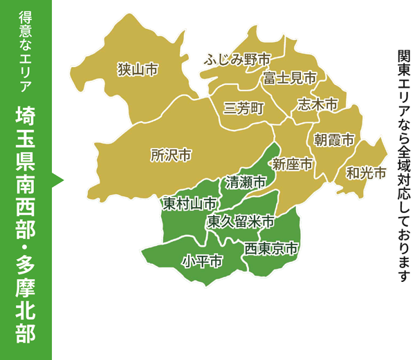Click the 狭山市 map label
click(x=138, y=70)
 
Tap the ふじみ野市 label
click(x=237, y=59)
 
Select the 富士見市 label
click(x=289, y=78)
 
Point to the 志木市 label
click(x=317, y=104)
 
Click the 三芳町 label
click(x=244, y=109)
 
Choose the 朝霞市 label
click(x=334, y=140)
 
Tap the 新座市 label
click(x=293, y=164)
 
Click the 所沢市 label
click(x=171, y=155)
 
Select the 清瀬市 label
click(x=246, y=182)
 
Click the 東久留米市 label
click(x=241, y=222)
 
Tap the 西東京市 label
click(x=272, y=247)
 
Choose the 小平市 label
click(x=202, y=261)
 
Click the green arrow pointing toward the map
click(x=58, y=180)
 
